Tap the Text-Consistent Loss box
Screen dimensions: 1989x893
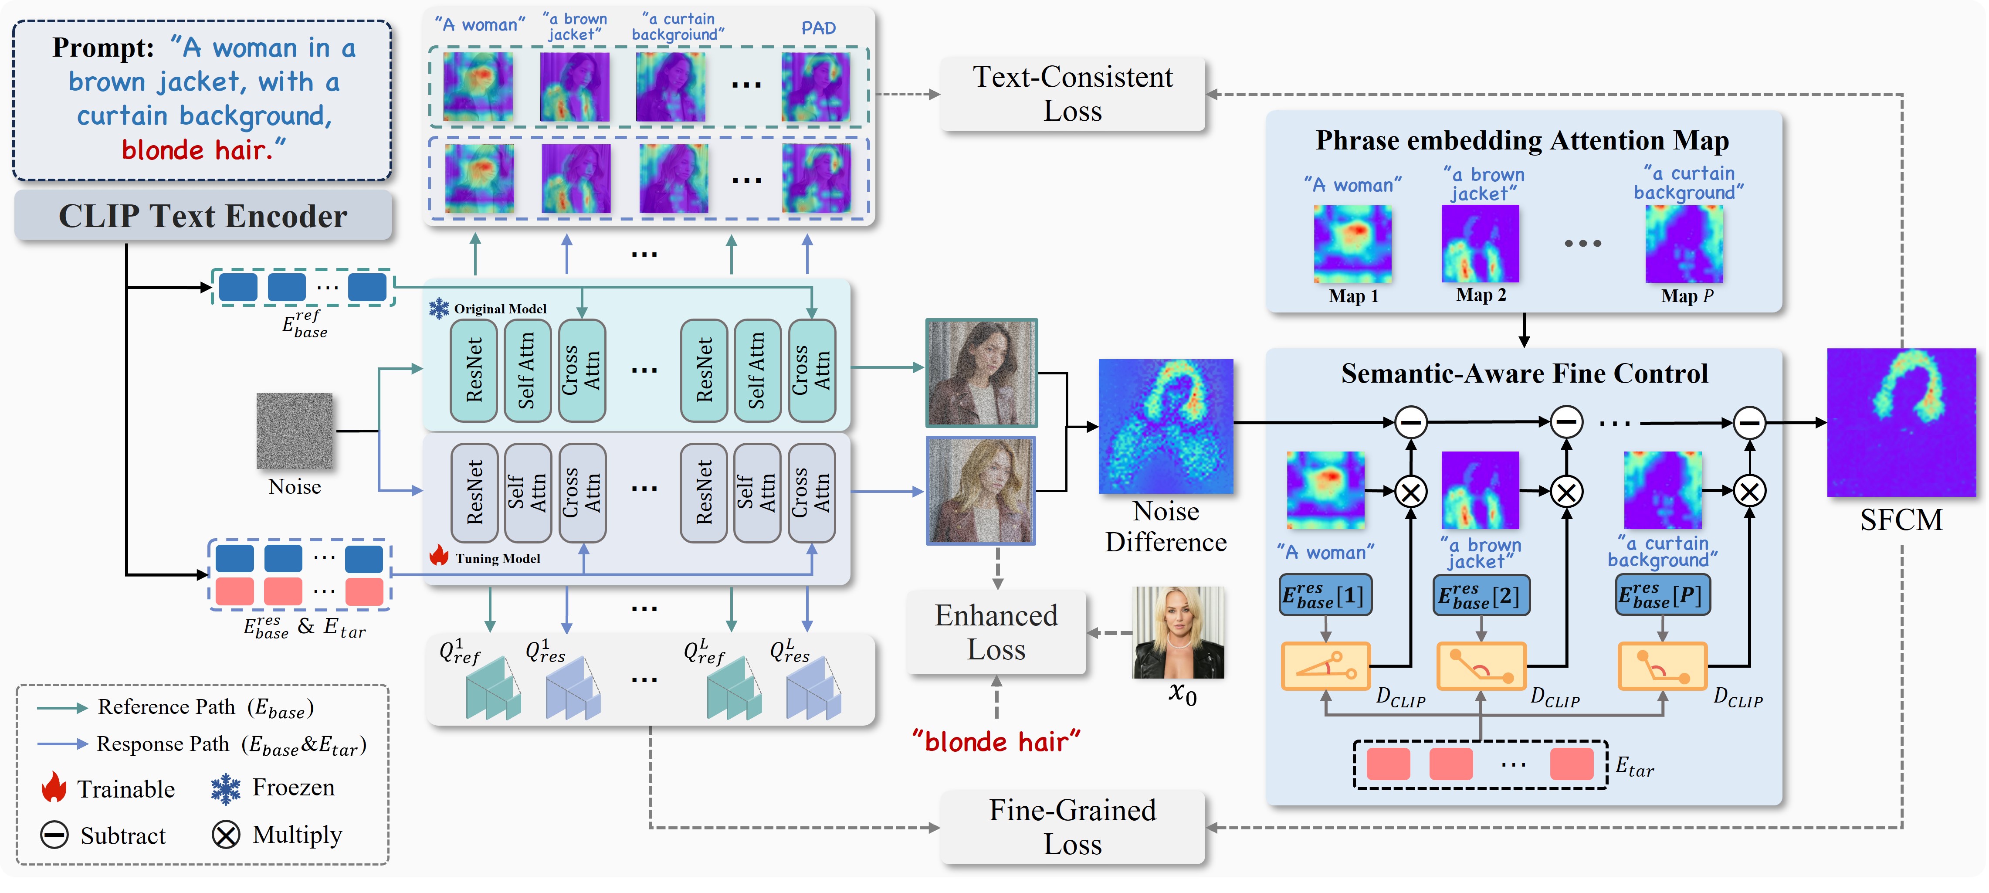pyautogui.click(x=1072, y=93)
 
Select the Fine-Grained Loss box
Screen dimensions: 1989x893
pyautogui.click(x=1072, y=827)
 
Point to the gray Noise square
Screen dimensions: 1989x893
pyautogui.click(x=294, y=430)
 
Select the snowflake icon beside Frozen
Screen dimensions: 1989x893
pyautogui.click(x=225, y=788)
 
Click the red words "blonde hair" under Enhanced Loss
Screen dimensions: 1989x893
pyautogui.click(x=996, y=742)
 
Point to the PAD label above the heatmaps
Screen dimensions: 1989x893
pyautogui.click(x=818, y=28)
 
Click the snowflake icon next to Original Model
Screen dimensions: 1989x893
pyautogui.click(x=439, y=308)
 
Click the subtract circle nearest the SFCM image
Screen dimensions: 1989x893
pyautogui.click(x=1750, y=423)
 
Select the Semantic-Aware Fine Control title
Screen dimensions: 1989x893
pyautogui.click(x=1524, y=374)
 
